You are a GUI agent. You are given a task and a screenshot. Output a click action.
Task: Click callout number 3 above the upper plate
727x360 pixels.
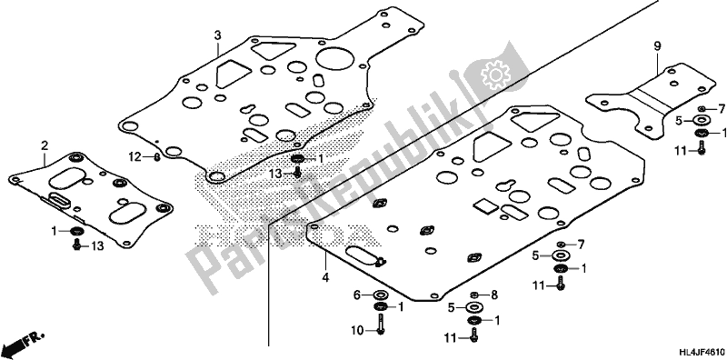[x=218, y=35]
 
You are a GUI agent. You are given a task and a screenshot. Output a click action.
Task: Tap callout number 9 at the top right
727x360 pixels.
[x=655, y=45]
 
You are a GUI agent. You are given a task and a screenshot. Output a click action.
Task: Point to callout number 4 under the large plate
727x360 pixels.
[x=324, y=257]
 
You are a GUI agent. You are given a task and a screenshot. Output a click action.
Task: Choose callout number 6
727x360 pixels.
[x=358, y=295]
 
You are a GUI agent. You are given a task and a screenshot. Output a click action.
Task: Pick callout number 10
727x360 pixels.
[x=358, y=331]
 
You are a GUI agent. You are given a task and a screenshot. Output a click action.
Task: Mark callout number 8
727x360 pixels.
[x=494, y=295]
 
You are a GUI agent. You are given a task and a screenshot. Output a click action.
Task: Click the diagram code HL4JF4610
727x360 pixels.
[x=693, y=349]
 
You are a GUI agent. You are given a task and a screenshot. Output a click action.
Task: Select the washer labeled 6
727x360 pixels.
[x=379, y=295]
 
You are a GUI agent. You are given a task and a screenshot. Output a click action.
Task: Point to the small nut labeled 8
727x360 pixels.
[x=475, y=295]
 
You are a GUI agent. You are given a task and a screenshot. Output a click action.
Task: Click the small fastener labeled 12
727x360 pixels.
[x=158, y=157]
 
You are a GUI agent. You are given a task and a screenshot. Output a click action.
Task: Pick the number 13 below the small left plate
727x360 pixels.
[x=98, y=246]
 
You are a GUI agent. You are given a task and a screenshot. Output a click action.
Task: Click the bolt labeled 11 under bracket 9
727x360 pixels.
[x=702, y=150]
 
